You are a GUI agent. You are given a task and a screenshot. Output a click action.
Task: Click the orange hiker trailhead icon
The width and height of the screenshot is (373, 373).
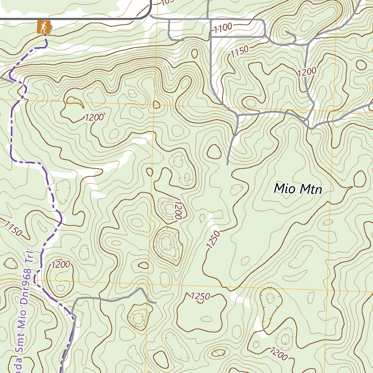pos(43,27)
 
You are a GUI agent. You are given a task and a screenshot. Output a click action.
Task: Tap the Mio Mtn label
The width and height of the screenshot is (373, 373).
pos(298,189)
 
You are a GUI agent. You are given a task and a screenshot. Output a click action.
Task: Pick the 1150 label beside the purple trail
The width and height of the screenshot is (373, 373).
pos(13,229)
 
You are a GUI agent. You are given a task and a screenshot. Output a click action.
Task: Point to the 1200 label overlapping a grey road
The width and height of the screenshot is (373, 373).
pos(306,72)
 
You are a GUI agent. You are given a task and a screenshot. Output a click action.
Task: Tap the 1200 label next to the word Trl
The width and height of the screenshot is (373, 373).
pos(61,265)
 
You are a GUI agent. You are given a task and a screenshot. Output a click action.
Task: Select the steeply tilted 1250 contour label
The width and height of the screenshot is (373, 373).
pos(213,240)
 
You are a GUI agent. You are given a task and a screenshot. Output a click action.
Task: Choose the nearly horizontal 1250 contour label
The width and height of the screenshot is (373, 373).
pos(200,297)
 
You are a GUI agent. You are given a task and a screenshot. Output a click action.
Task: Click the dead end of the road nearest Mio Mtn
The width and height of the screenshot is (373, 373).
pos(228,164)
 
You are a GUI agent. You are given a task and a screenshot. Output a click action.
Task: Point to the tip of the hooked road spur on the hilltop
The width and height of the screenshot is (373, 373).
pos(286,32)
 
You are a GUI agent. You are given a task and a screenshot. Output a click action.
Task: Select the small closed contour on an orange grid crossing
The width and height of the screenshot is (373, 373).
pos(157,105)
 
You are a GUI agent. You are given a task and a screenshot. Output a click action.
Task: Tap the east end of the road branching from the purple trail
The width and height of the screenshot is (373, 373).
pos(156,303)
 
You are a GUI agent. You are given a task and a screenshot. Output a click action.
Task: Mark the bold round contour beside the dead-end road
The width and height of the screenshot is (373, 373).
pos(214,151)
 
